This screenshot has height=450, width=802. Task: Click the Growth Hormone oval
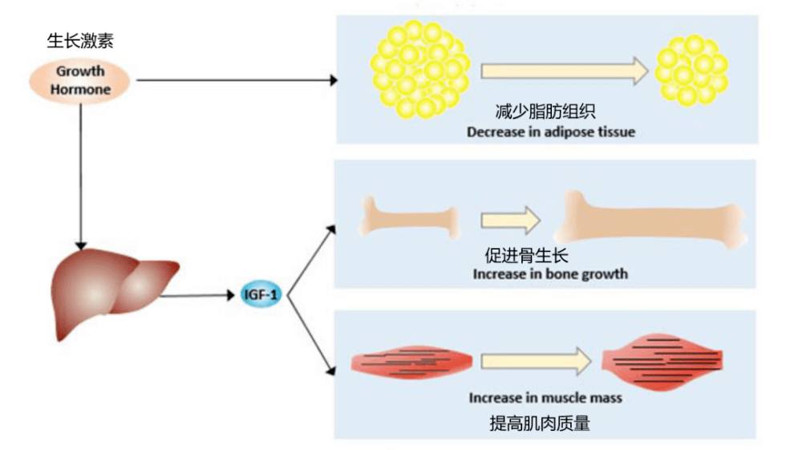coord(80,80)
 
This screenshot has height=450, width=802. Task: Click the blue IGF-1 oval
coord(261,295)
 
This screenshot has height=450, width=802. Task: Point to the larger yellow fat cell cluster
coord(420,69)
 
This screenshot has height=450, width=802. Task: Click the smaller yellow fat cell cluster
coord(691,71)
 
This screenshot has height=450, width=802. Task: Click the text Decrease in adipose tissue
coord(550,132)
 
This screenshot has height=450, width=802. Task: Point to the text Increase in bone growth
coord(550,274)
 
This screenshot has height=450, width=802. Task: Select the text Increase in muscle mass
coord(545,397)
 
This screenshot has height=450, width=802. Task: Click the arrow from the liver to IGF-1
coord(200,296)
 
